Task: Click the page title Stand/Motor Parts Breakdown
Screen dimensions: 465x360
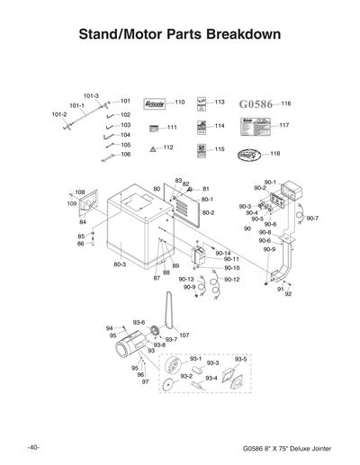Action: tap(180, 35)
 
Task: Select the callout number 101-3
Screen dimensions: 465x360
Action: tap(91, 95)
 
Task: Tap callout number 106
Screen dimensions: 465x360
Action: tap(125, 155)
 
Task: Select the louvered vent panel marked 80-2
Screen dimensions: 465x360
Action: tap(182, 212)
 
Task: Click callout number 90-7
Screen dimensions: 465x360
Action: tap(311, 219)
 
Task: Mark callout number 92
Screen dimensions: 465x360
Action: tap(288, 294)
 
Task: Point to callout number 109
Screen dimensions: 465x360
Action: tap(73, 204)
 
